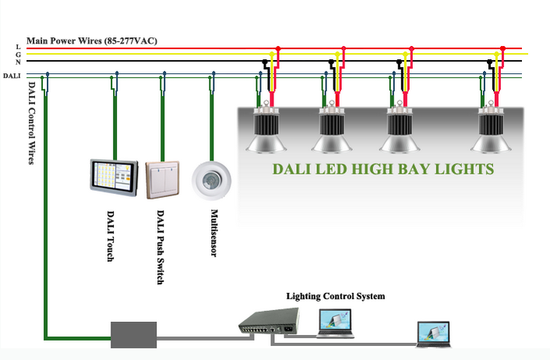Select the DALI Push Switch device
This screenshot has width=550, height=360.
coord(162,179)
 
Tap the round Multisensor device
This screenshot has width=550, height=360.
coord(211,178)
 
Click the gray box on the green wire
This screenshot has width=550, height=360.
coord(133,334)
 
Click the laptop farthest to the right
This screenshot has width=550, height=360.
coord(435,334)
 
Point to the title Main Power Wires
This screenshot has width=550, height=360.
coord(91,40)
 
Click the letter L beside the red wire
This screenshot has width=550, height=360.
coord(17,48)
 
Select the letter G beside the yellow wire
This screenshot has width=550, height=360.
coord(17,55)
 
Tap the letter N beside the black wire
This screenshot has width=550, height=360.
coord(17,61)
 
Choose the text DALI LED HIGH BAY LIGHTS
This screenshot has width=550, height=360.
coord(383,168)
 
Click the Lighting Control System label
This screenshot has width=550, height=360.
coord(335,296)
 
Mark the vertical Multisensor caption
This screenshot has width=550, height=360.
coord(213,233)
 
